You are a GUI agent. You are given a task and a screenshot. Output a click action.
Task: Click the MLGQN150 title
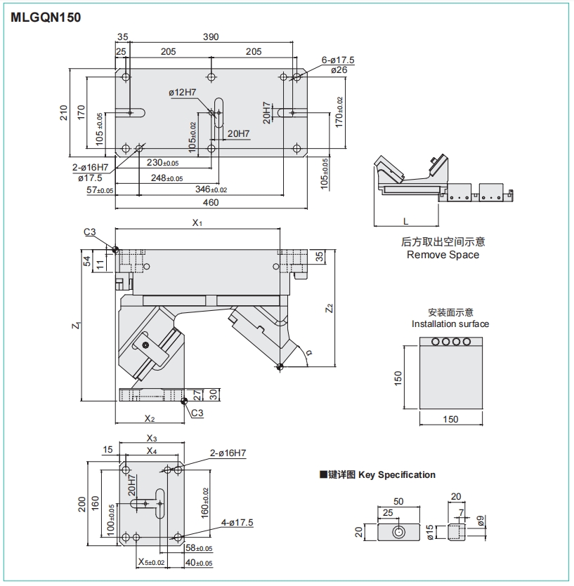coord(46,18)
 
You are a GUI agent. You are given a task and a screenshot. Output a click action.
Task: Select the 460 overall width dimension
coord(211,203)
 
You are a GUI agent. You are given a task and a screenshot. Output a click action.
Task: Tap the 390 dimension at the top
coord(211,37)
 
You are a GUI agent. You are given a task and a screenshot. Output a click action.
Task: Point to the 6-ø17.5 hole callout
coord(338,60)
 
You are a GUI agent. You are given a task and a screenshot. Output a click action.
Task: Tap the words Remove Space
coord(443,255)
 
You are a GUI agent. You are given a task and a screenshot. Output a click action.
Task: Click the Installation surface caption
coord(450,324)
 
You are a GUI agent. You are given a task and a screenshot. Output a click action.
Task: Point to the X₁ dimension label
coord(197,223)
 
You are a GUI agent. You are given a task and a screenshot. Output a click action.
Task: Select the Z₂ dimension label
coord(328,307)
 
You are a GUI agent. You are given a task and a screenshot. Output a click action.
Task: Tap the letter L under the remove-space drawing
coord(406,221)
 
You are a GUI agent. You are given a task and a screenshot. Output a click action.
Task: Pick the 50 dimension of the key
coord(399,502)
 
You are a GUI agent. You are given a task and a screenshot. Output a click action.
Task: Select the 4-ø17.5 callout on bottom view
coord(236,522)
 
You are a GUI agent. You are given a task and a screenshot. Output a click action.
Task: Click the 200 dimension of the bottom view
coord(82,503)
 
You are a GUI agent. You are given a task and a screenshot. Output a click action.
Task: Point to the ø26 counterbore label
coord(339,70)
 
